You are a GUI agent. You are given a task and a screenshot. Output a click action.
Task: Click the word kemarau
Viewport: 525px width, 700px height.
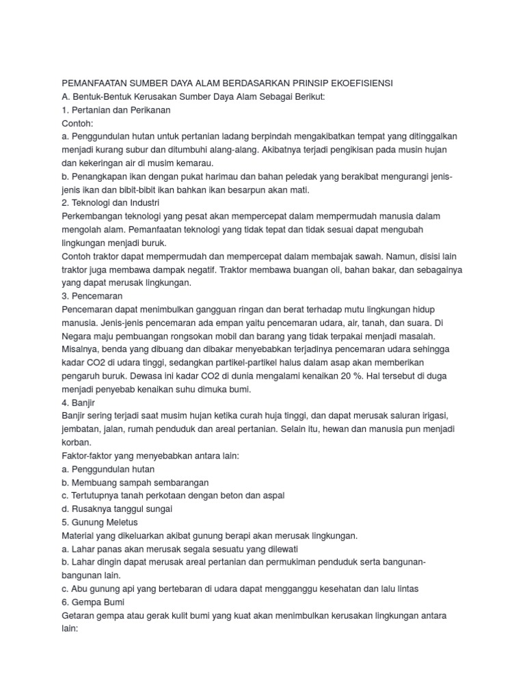pyautogui.click(x=195, y=163)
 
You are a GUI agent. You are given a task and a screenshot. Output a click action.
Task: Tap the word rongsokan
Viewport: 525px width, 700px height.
pyautogui.click(x=204, y=336)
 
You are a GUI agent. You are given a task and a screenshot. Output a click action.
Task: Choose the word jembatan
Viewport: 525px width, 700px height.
pyautogui.click(x=83, y=429)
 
